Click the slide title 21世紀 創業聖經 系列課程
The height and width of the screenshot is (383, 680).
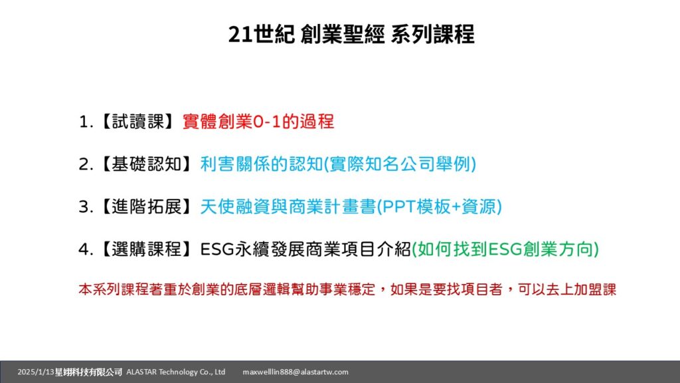(x=351, y=35)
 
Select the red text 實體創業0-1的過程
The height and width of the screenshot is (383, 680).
(x=258, y=122)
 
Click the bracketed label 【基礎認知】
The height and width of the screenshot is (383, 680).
(x=147, y=164)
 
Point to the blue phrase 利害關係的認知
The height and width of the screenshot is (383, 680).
(x=262, y=164)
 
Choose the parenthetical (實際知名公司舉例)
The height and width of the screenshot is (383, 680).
(x=400, y=164)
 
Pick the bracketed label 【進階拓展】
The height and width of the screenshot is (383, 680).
(x=147, y=207)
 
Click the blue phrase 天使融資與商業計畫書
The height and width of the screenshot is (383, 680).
(x=288, y=207)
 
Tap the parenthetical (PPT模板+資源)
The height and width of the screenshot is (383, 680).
(x=440, y=207)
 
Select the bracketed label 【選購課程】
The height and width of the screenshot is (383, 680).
(x=147, y=249)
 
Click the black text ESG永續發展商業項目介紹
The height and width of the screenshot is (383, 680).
(x=305, y=249)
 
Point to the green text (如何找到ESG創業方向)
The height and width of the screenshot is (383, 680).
(x=505, y=249)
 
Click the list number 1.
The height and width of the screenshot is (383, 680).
(x=86, y=122)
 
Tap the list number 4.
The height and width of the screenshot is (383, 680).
(x=86, y=250)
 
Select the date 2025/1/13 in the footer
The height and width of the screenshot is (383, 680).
(x=36, y=372)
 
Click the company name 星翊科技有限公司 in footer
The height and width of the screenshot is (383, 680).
(x=88, y=372)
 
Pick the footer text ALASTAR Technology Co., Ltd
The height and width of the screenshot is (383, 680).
(x=176, y=372)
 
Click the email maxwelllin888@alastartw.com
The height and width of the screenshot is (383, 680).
(x=296, y=372)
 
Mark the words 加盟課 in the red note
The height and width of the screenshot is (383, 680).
(x=595, y=290)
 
